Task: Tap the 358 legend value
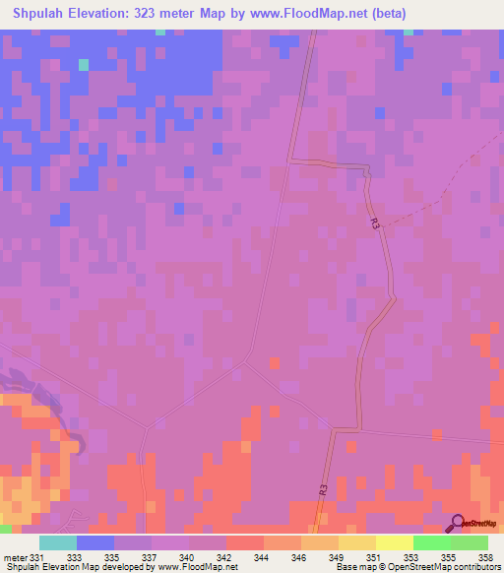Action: point(483,556)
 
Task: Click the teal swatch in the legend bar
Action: point(58,542)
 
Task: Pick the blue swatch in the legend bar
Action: point(95,542)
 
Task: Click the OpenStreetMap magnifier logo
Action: point(458,525)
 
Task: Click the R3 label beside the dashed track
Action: point(375,223)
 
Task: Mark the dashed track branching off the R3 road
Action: point(443,192)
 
